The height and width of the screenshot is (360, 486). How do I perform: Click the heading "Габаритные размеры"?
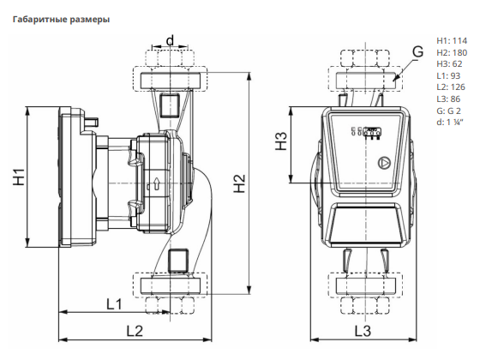point(61,20)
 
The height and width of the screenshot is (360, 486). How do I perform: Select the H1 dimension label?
point(19,177)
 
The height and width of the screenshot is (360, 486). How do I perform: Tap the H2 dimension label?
point(240,183)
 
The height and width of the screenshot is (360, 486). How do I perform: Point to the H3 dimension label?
point(281,141)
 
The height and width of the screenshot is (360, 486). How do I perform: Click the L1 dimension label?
point(114,304)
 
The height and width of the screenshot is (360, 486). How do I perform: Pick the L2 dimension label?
point(135,331)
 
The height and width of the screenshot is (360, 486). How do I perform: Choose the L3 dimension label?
point(363,331)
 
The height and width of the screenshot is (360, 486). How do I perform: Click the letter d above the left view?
point(170,40)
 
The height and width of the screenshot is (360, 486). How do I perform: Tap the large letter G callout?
point(417,51)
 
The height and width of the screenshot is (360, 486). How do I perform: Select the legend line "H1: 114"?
point(452,41)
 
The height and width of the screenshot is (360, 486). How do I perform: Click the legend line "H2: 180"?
point(452,52)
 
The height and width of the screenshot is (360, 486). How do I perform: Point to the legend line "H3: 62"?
point(449,64)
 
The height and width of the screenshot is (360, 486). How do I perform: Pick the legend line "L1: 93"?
point(448,75)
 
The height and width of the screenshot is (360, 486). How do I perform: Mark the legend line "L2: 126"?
point(451,87)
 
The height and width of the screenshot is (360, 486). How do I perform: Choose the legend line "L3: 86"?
point(448,99)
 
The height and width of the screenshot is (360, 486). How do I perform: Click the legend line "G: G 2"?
point(448,111)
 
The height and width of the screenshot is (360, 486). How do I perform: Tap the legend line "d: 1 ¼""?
point(449,123)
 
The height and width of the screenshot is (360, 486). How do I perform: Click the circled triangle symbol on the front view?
point(384,163)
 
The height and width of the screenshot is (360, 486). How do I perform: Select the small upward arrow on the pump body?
point(157,183)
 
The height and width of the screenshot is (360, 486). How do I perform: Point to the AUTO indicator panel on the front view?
point(372,132)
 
